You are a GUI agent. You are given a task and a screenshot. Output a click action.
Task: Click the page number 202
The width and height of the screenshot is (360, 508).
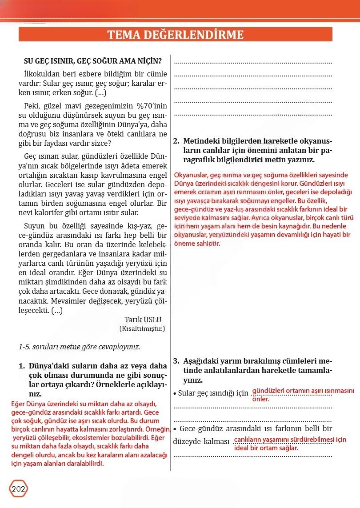(x=18, y=489)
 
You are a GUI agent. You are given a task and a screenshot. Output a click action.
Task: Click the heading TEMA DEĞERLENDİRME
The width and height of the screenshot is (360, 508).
(x=175, y=35)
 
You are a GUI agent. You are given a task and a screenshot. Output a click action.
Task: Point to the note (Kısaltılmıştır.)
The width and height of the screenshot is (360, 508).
(x=142, y=329)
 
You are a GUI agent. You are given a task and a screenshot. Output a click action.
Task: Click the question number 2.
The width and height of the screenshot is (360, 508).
(x=176, y=141)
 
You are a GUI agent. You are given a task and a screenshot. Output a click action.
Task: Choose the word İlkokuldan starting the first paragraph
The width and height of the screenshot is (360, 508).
(x=44, y=74)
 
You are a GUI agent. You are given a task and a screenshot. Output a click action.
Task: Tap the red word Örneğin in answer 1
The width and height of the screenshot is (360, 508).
(x=158, y=429)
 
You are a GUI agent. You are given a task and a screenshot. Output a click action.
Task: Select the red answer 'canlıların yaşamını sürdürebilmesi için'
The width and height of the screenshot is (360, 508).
(x=290, y=440)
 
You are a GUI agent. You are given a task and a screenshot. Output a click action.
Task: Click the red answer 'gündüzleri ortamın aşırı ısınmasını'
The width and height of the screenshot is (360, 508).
(x=303, y=391)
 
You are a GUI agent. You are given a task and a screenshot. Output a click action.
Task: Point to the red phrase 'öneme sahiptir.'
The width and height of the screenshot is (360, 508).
(x=197, y=243)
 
